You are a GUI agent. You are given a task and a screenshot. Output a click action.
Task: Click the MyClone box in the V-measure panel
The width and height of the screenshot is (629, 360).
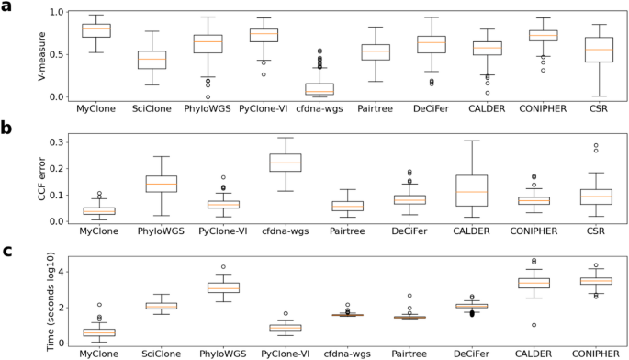coord(96,30)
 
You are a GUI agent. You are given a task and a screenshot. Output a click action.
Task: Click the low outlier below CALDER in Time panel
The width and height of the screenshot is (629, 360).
coord(508,325)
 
